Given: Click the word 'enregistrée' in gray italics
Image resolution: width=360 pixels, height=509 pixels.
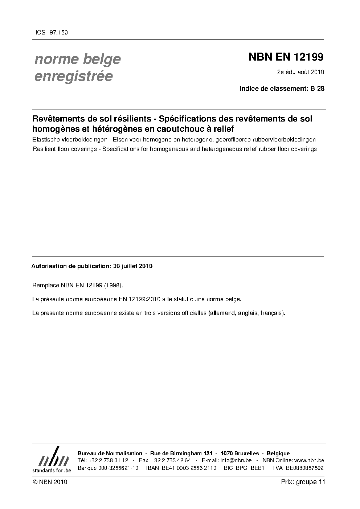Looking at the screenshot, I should (x=73, y=77).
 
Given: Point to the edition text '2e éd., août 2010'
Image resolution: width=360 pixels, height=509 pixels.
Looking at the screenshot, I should (x=300, y=72).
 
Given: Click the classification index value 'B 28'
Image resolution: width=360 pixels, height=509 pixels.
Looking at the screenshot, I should (x=317, y=88).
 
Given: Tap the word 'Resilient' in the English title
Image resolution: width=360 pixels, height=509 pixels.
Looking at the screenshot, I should (x=45, y=149).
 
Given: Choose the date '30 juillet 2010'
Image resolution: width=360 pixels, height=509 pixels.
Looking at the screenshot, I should (x=133, y=266).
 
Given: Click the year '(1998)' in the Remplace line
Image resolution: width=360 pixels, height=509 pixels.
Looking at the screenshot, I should (x=113, y=285).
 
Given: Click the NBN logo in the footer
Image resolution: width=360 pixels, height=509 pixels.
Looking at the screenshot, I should (x=52, y=460).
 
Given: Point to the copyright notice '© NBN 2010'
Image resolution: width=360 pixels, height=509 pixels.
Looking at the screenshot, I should (x=50, y=482).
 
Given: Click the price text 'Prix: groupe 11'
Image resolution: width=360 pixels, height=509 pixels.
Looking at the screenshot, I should (x=303, y=482).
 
